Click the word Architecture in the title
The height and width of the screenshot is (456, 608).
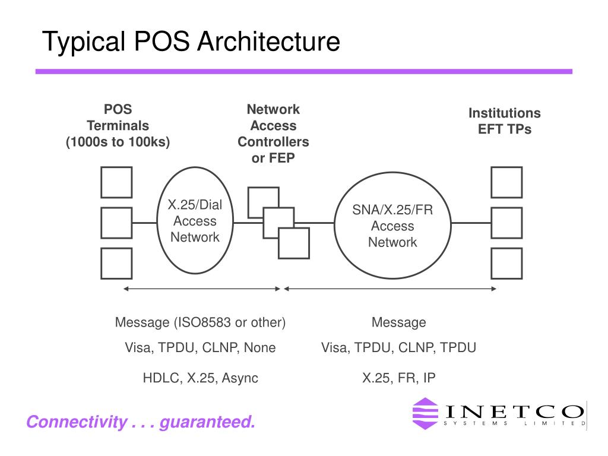pos(269,41)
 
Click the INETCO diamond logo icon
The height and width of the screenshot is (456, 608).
pos(425,413)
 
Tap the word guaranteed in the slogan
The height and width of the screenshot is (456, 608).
pos(207,422)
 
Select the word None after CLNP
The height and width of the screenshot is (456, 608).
pos(260,347)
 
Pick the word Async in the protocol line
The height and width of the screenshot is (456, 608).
pos(240,378)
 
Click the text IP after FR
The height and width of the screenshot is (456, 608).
pos(429,378)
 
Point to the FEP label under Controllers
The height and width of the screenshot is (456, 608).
pos(282,158)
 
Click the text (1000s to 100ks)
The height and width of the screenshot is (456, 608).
pos(118,142)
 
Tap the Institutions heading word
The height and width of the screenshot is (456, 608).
pos(505,113)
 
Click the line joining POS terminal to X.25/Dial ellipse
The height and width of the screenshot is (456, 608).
pos(144,223)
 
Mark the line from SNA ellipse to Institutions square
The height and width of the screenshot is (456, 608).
pos(471,223)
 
